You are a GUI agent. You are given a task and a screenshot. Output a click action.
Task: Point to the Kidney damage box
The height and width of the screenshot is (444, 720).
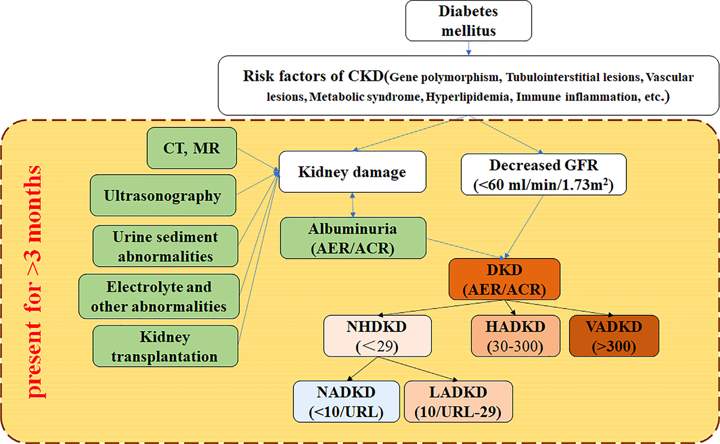352,171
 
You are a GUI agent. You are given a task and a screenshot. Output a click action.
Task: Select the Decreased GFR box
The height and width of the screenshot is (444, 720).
544,174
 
